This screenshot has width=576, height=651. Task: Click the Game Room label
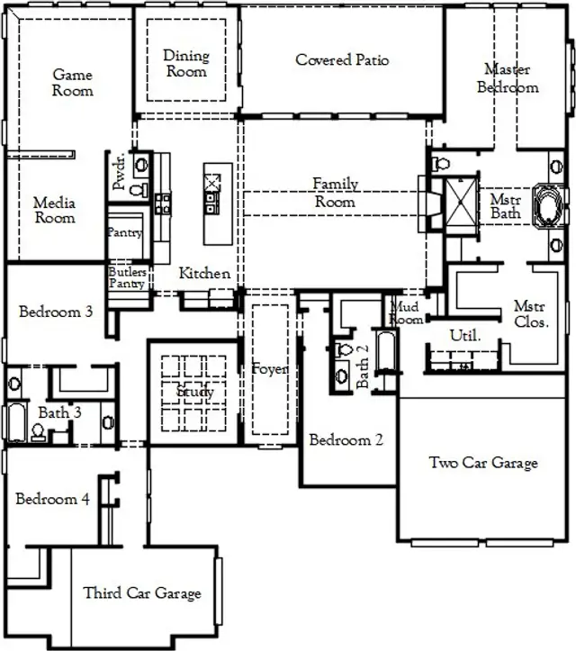[x=72, y=83]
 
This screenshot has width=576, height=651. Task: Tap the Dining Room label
[x=186, y=63]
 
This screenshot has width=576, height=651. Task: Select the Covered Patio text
[x=342, y=60]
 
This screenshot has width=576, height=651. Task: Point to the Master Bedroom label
[x=508, y=78]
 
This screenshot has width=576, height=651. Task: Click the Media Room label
[x=55, y=210]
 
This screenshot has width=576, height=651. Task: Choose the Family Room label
[x=335, y=193]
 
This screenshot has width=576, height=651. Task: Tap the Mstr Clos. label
[x=531, y=313]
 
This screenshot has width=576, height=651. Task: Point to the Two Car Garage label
[x=483, y=463]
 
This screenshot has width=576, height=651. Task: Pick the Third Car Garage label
[x=142, y=592]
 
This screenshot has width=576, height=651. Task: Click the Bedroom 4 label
[x=52, y=499]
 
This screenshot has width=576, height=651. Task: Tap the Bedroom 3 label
[x=56, y=312]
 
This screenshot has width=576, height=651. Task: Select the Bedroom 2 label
[x=346, y=440]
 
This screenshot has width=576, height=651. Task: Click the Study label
[x=195, y=393]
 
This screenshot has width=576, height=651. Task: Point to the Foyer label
[x=270, y=370]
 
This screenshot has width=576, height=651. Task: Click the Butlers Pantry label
[x=128, y=276]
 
